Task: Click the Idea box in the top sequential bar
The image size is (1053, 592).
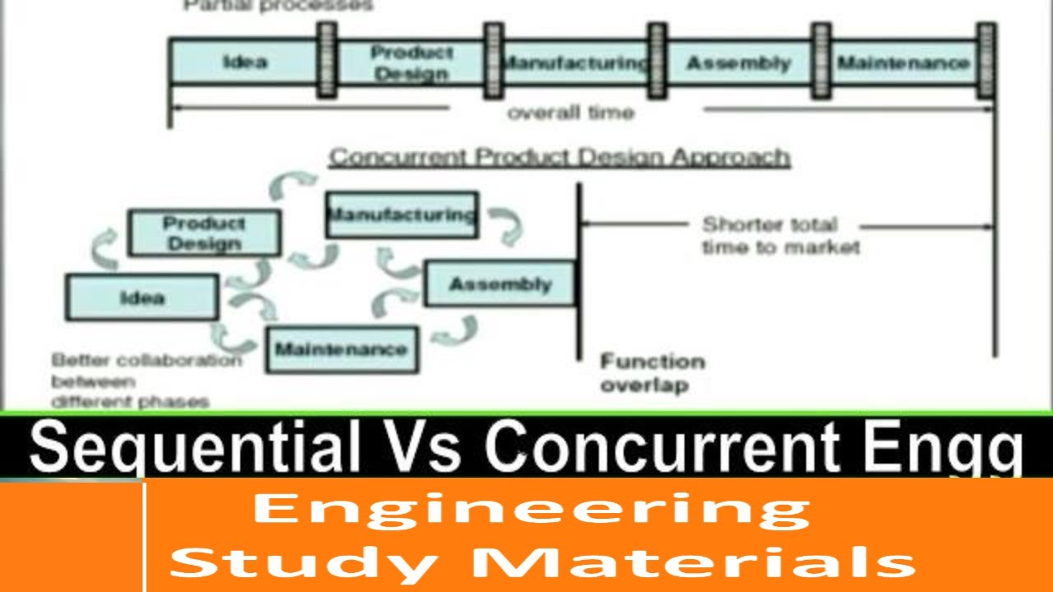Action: (244, 62)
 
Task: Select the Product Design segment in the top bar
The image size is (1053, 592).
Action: (411, 62)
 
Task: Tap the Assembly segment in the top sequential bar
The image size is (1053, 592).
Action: (738, 62)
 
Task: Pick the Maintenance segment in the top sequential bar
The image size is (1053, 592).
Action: (903, 62)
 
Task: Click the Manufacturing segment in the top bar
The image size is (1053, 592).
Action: (575, 62)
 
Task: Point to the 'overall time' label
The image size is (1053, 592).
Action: (571, 113)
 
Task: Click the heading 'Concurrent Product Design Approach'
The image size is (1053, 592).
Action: (559, 157)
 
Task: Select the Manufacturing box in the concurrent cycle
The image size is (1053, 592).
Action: (401, 215)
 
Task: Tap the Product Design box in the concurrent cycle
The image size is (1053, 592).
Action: (204, 234)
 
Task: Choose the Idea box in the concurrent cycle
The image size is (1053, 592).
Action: (142, 298)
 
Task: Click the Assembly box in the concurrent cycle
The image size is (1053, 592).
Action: (499, 284)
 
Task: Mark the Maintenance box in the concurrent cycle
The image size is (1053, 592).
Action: (341, 349)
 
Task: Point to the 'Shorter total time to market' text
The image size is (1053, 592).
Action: (780, 236)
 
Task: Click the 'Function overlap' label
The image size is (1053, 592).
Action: (652, 372)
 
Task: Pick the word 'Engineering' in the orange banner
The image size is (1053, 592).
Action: (531, 511)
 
